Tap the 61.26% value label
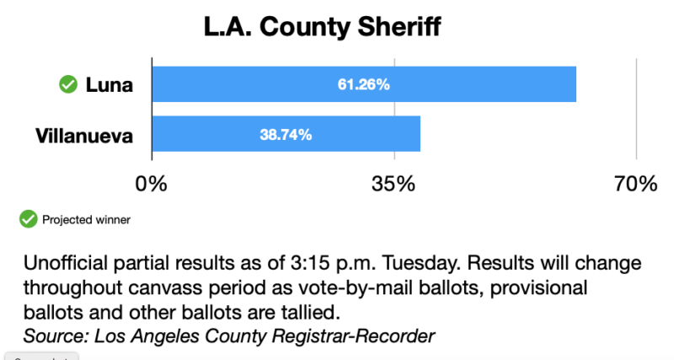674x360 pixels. pyautogui.click(x=364, y=84)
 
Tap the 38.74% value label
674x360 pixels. pyautogui.click(x=286, y=134)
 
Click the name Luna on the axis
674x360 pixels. pyautogui.click(x=109, y=84)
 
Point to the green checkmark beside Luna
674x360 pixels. pyautogui.click(x=67, y=84)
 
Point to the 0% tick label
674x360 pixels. pyautogui.click(x=152, y=184)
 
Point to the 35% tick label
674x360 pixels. pyautogui.click(x=394, y=184)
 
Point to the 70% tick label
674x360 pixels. pyautogui.click(x=636, y=184)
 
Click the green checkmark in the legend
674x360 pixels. pyautogui.click(x=29, y=219)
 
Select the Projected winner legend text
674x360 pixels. pyautogui.click(x=86, y=220)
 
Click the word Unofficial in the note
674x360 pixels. pyautogui.click(x=63, y=261)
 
